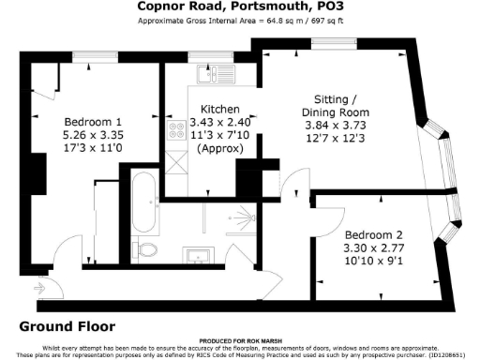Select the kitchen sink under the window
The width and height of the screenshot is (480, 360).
coord(222,72)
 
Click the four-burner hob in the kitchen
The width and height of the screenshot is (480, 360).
coord(174,131)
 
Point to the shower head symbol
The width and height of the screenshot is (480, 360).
coord(233,217)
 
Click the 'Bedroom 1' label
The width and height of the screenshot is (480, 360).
coord(94,122)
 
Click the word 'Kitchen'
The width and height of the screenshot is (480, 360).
coord(219,110)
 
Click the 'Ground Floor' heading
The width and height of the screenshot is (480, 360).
coord(67,327)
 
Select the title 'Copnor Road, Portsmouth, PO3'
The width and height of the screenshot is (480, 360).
coord(240,7)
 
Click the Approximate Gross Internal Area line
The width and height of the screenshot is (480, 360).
coord(240,20)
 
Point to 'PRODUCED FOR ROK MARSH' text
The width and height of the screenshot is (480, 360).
coord(240,341)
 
